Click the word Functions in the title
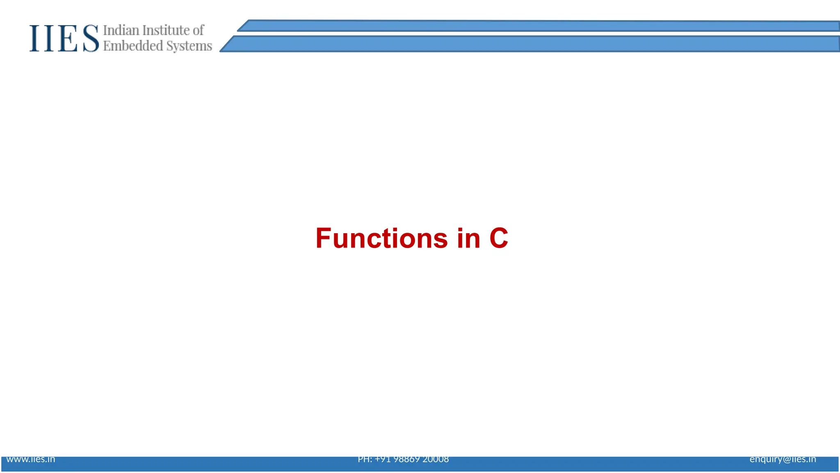[381, 238]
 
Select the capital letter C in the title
[499, 238]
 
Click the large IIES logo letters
[64, 39]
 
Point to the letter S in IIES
[91, 39]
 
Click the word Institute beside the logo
[165, 30]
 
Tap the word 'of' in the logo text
[198, 30]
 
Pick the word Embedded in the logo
[133, 46]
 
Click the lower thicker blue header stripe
[533, 44]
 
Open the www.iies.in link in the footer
[31, 459]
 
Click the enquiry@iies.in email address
[783, 459]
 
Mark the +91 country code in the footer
[383, 459]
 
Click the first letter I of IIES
[35, 39]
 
